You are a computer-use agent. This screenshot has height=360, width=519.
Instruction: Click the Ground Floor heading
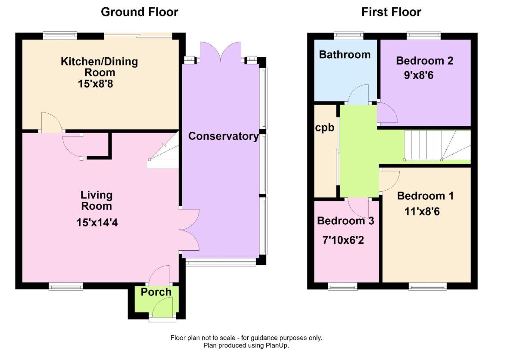[x=139, y=12]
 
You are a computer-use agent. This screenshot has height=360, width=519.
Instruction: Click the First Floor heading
[x=391, y=12]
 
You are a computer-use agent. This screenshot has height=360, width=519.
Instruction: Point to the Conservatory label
[x=224, y=137]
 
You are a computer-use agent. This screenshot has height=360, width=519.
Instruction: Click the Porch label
[x=156, y=292]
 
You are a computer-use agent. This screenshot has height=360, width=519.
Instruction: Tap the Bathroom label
[x=345, y=55]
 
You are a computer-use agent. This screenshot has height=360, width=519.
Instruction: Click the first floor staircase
[x=435, y=146]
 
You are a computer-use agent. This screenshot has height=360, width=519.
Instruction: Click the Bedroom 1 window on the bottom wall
[x=427, y=286]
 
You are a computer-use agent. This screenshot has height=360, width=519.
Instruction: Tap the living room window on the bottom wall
[x=65, y=286]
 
